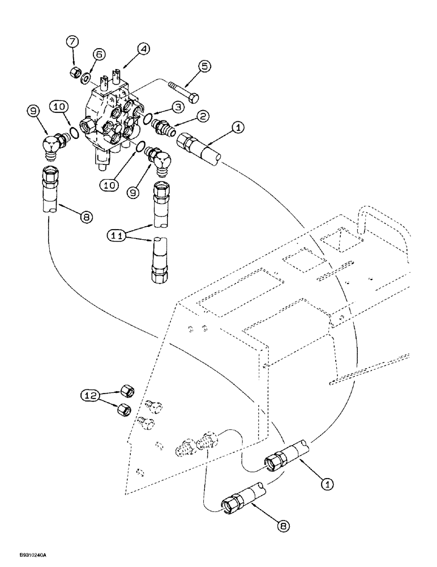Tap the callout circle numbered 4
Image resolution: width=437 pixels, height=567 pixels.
tap(144, 51)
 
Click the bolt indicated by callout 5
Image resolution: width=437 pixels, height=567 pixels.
tap(183, 92)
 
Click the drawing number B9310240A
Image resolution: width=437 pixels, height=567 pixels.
tap(23, 558)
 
